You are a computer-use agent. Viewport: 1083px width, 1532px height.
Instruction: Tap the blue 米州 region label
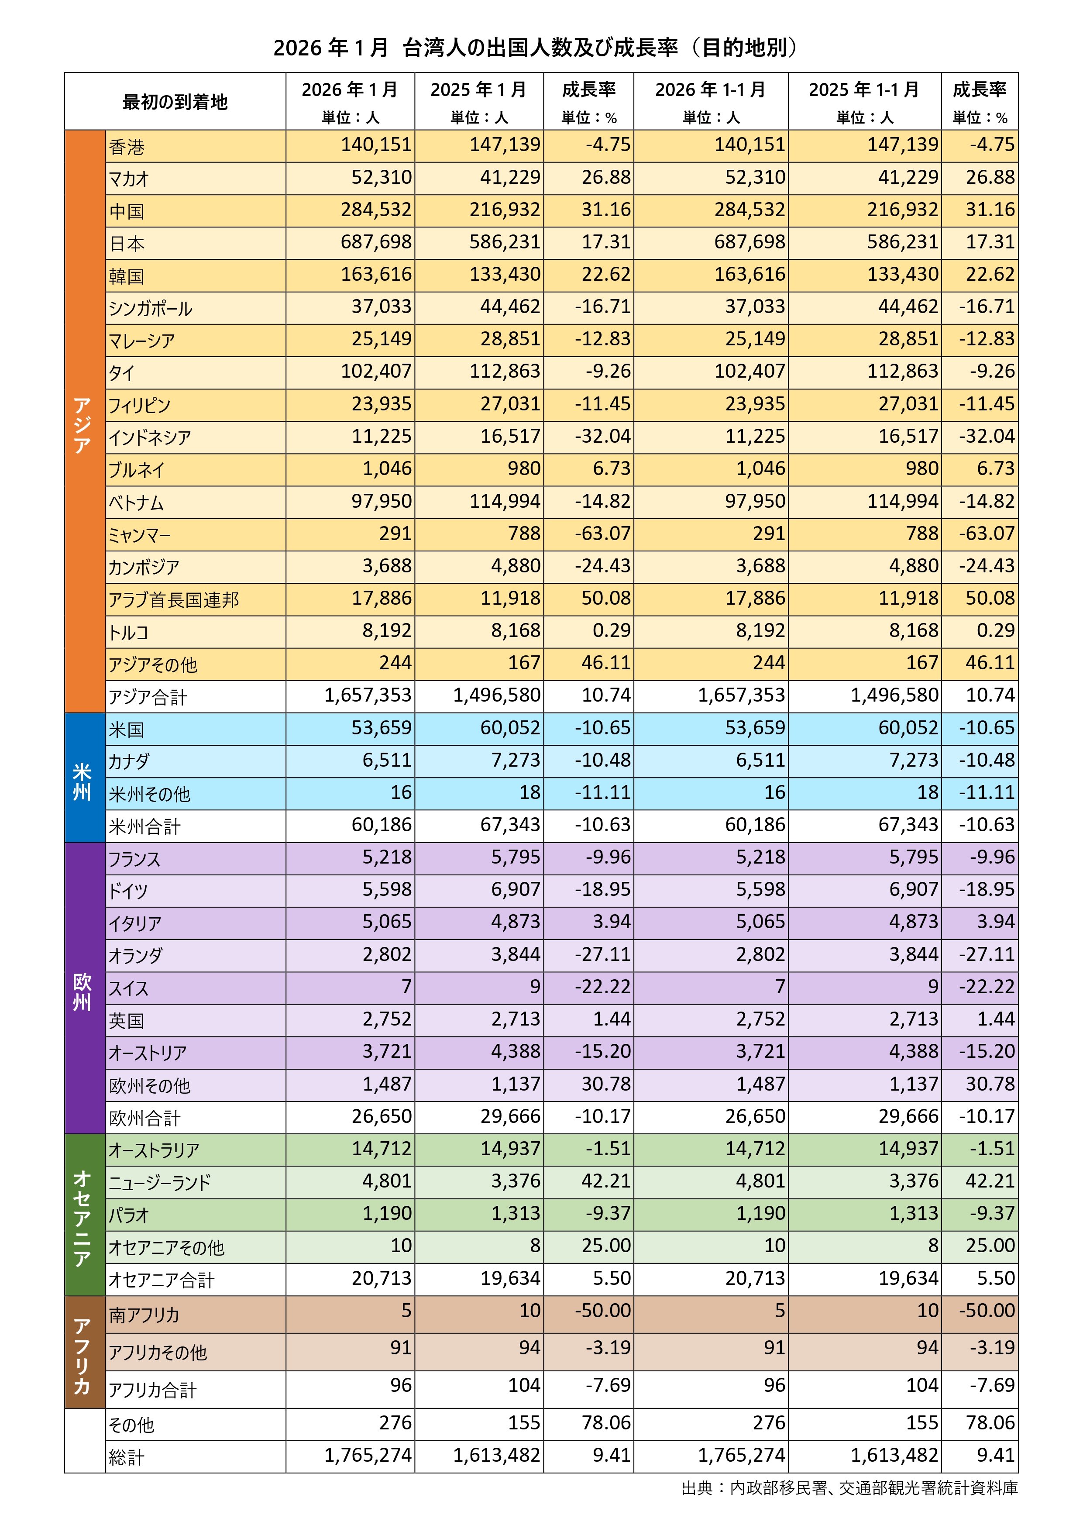83,781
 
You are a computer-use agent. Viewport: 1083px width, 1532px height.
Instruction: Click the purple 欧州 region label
83,991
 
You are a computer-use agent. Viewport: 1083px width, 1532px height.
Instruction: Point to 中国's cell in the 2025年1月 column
505,210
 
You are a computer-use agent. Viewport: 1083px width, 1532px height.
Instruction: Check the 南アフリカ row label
145,1315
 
